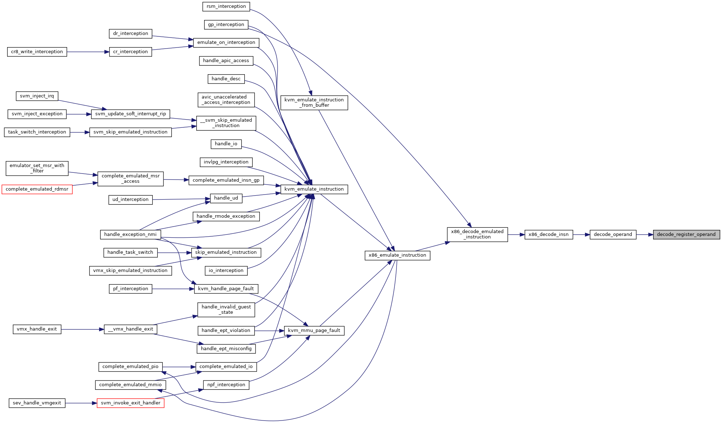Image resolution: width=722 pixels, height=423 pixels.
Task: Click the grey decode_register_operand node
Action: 686,235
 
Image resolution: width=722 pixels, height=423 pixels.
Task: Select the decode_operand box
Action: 613,235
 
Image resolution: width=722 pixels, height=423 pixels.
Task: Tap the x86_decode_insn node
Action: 549,235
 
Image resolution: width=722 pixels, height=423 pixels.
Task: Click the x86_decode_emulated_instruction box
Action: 477,235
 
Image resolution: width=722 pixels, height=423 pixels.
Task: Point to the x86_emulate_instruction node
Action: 397,255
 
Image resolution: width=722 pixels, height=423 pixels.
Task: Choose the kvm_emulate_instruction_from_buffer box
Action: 314,102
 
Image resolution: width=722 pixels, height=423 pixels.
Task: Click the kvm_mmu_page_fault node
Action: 314,331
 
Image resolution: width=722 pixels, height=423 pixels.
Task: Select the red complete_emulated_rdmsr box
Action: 37,189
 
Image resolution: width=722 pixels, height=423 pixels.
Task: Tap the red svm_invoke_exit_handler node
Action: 131,403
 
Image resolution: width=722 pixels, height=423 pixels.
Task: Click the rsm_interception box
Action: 226,6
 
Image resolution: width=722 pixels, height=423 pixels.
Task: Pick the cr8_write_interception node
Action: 37,52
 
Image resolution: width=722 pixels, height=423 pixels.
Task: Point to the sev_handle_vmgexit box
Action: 37,403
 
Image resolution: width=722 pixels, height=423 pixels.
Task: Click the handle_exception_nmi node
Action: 130,235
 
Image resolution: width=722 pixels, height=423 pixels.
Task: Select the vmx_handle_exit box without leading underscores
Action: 37,329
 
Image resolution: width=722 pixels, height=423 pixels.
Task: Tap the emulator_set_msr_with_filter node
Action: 37,168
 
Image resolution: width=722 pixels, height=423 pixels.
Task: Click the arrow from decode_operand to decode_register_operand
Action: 645,235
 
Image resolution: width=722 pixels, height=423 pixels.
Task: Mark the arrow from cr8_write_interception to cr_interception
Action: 88,52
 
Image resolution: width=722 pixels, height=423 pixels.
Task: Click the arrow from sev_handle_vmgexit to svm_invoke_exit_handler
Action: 81,403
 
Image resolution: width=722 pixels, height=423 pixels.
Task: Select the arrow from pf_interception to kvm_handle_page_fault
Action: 173,289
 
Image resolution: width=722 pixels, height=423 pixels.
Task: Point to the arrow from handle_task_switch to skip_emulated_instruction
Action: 174,253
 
